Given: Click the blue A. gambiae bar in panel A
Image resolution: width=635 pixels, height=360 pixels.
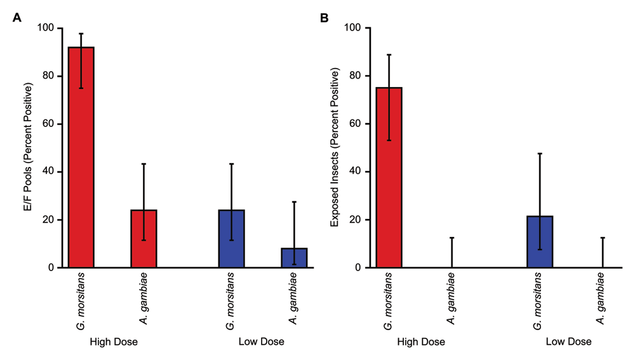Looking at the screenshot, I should [x=294, y=258].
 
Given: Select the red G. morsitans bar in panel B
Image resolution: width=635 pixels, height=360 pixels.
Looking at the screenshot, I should [x=389, y=178].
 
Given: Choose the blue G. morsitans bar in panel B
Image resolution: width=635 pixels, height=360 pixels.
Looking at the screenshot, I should [x=540, y=242].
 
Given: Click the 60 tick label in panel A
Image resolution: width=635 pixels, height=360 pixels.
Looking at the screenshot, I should [x=48, y=124].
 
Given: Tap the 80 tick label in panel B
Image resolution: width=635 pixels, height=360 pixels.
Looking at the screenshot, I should [x=355, y=76].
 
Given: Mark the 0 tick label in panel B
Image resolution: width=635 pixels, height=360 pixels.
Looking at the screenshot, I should [x=358, y=268].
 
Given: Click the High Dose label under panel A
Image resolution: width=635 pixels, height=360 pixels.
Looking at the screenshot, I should [x=114, y=342].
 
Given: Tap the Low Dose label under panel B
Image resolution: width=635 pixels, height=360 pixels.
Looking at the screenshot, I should [x=568, y=342].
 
